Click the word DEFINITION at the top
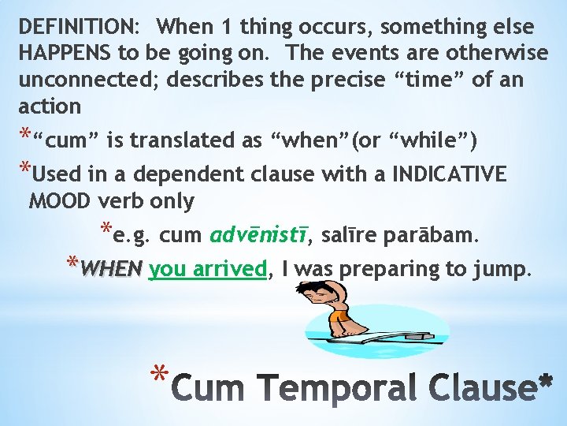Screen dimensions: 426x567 click(76, 27)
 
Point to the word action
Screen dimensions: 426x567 click(49, 106)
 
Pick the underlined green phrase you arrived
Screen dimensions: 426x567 click(208, 269)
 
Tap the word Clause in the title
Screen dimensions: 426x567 click(481, 387)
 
